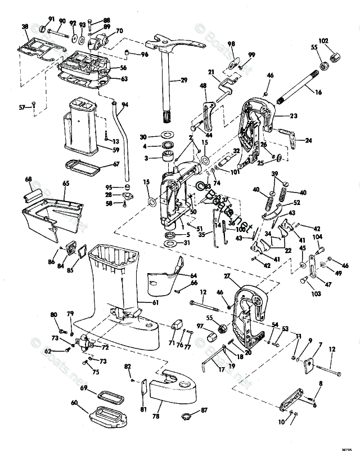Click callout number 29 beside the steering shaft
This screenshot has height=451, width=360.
183,81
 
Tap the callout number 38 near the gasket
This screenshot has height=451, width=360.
25,27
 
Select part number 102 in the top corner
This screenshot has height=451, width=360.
339,41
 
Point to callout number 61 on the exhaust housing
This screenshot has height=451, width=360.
156,302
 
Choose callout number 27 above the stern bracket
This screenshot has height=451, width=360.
227,276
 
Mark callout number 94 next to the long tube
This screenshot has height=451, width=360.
125,105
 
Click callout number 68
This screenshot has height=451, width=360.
28,179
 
